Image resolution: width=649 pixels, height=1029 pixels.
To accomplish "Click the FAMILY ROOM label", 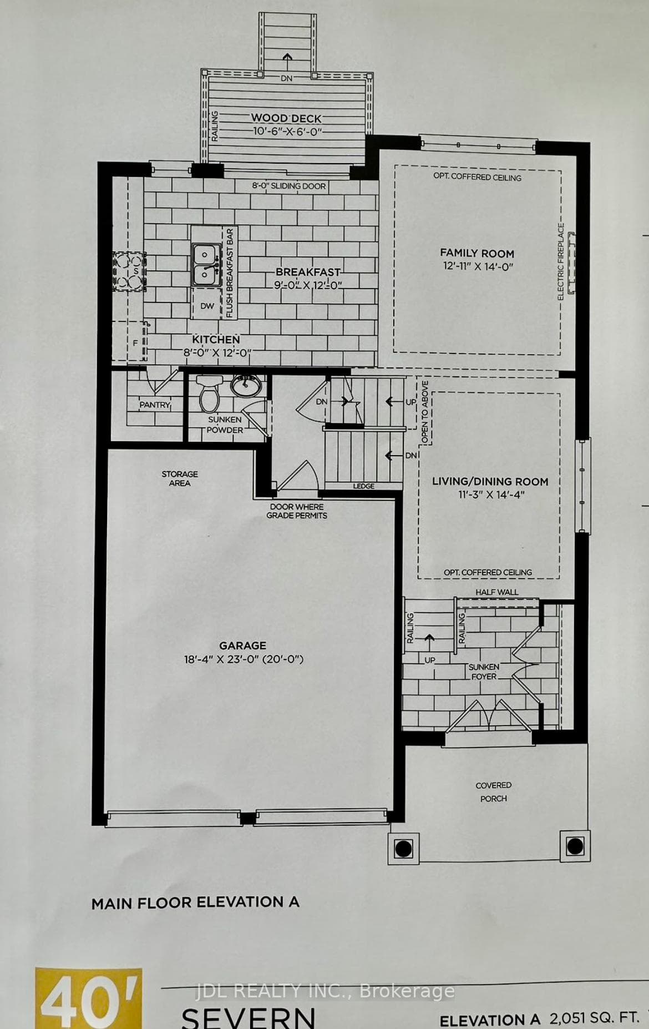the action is click(x=477, y=253).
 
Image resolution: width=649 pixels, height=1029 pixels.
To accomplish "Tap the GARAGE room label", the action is click(x=242, y=645).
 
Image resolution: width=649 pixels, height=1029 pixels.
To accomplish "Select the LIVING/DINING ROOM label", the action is click(x=490, y=482).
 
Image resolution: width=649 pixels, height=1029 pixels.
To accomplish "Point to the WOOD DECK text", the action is click(x=286, y=118).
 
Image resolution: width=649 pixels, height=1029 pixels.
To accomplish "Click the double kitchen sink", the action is click(x=205, y=264).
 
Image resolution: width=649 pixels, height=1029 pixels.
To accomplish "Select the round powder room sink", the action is click(x=246, y=385).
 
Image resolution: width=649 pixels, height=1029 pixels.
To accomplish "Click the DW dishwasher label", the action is click(x=207, y=306).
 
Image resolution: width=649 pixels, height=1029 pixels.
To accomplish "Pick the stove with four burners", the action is click(x=130, y=271).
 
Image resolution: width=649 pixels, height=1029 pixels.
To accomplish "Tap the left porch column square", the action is click(x=403, y=848).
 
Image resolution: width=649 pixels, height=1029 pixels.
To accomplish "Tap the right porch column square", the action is click(x=575, y=846).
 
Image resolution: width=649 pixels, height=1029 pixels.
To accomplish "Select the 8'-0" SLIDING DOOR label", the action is click(x=289, y=186).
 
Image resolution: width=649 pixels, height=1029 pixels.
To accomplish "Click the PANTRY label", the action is click(x=155, y=405).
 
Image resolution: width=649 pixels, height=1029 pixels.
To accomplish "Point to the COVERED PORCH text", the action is click(x=493, y=791).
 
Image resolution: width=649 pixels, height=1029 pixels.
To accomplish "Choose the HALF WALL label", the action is click(x=496, y=592).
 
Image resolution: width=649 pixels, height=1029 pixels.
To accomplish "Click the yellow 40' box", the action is click(x=89, y=998).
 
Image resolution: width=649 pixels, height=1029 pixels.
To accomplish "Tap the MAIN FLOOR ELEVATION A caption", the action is click(x=195, y=902).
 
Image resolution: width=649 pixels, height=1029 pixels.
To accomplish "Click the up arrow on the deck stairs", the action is click(x=287, y=60).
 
